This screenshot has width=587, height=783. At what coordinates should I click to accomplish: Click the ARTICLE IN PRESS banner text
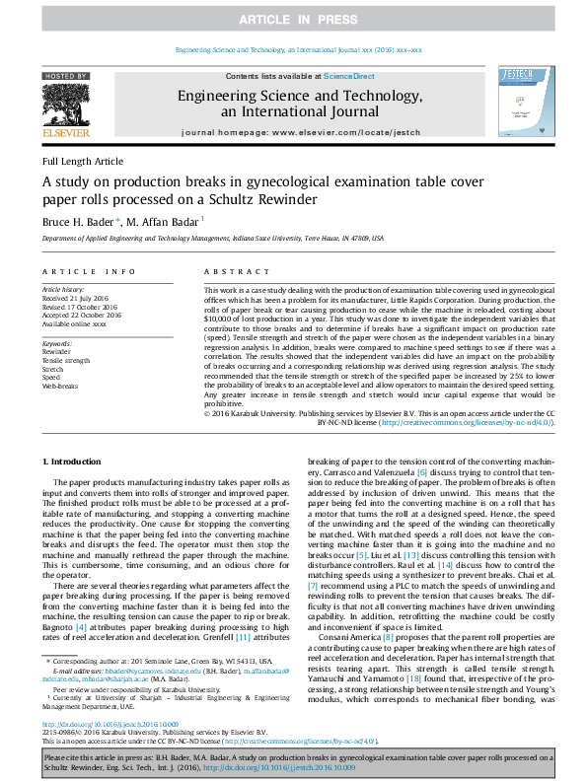(293, 20)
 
